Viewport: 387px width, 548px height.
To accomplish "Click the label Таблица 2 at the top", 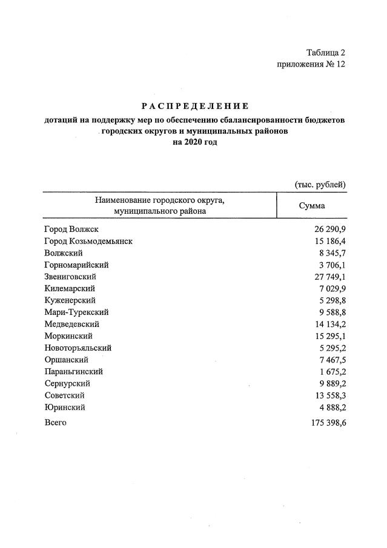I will (325, 53).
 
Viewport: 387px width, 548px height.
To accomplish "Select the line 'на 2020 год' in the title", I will (194, 142).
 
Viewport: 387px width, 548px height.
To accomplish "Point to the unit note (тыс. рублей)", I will (320, 184).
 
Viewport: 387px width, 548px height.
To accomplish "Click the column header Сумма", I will (312, 206).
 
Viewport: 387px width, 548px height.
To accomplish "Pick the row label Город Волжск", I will (71, 229).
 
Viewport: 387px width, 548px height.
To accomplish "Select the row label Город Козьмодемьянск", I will (88, 241).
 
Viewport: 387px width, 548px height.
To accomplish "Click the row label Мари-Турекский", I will (76, 312).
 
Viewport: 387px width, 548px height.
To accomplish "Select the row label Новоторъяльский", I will (78, 348).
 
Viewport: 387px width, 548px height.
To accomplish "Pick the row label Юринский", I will (65, 408).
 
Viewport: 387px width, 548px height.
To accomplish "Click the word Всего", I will (56, 422).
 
